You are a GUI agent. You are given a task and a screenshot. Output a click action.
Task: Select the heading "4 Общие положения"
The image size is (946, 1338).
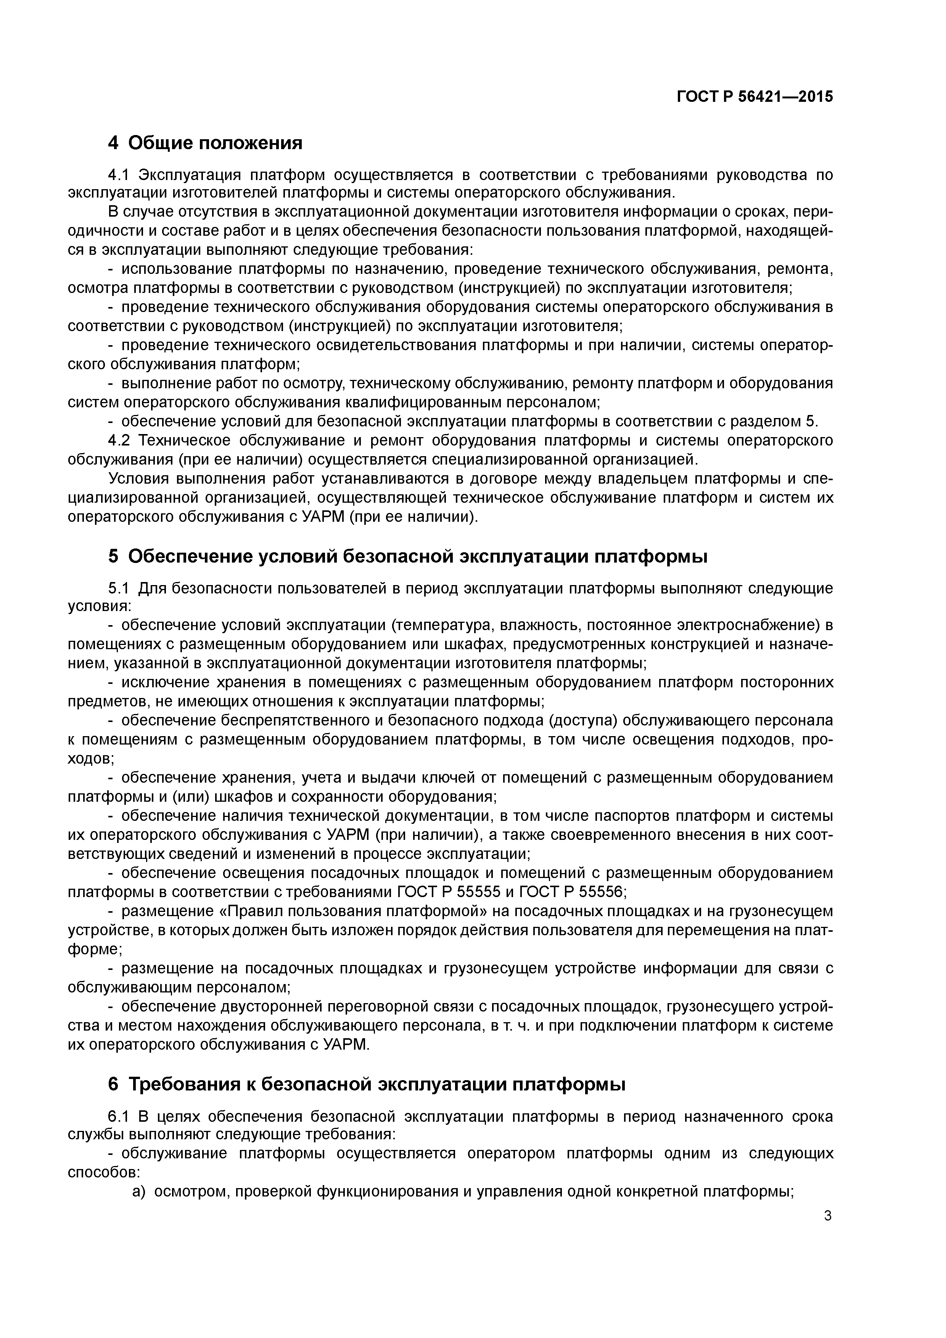click(x=205, y=143)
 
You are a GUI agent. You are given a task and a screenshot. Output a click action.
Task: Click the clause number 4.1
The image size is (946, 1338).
click(x=121, y=175)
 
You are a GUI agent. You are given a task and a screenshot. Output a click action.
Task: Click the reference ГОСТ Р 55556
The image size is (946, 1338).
click(x=573, y=892)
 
